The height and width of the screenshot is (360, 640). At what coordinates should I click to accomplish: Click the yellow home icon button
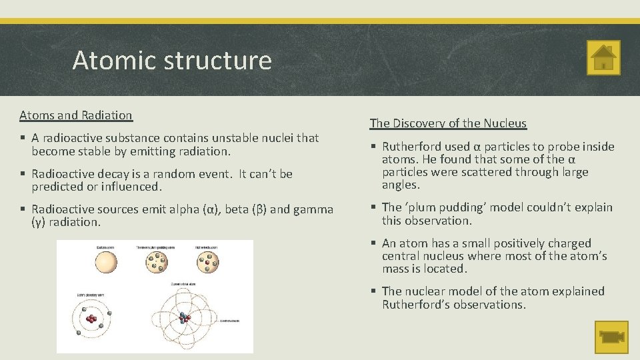click(603, 57)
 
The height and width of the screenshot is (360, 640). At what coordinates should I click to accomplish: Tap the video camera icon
click(611, 337)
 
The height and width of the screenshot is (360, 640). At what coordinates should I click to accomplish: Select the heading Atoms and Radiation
click(76, 115)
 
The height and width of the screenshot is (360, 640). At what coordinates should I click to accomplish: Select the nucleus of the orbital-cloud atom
click(183, 317)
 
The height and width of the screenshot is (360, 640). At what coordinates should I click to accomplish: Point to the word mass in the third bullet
click(395, 269)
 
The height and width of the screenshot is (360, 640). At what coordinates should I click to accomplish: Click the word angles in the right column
click(401, 185)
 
